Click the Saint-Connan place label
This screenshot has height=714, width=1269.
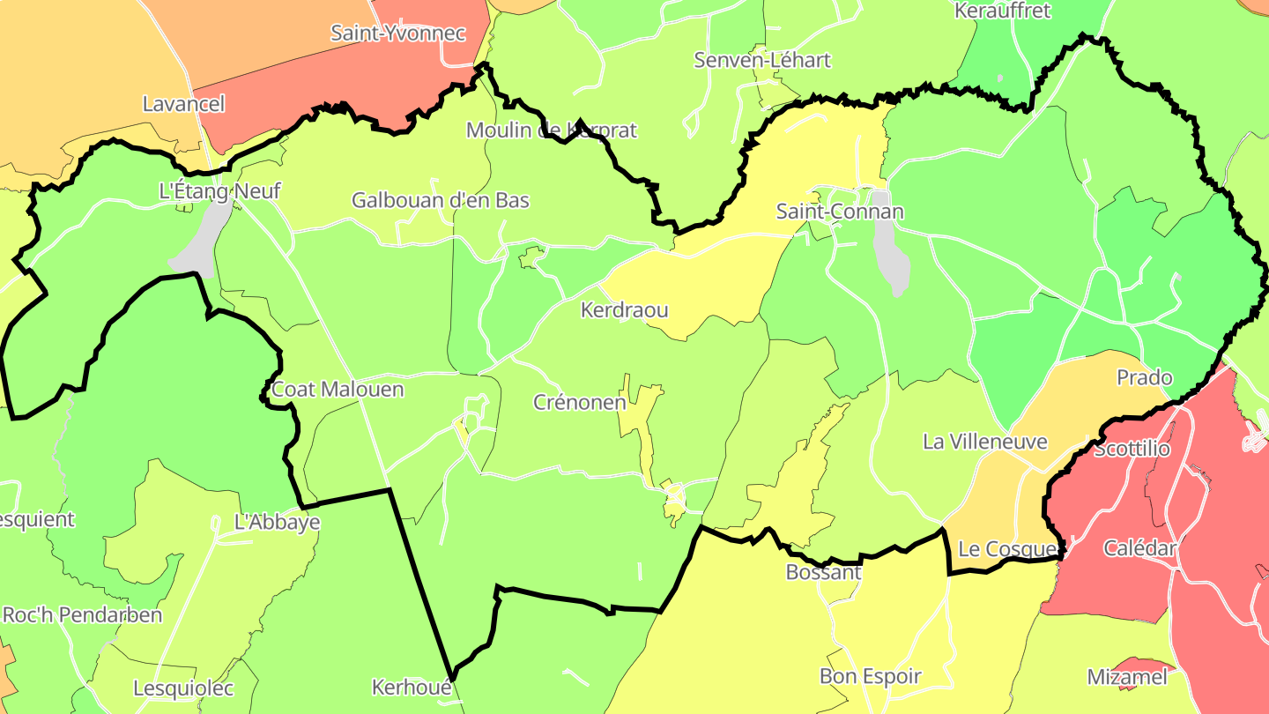coord(840,212)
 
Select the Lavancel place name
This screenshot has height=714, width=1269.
coord(184,104)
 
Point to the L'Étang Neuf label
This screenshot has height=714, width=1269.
coord(219,190)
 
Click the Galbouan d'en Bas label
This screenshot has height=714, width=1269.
coord(441,200)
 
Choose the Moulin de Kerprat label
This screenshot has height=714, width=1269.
coord(551,130)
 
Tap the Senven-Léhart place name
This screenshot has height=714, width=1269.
coord(762,61)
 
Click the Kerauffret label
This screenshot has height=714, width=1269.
coord(1003,11)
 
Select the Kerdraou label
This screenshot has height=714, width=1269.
coord(624,310)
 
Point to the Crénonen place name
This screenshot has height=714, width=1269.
coord(580,403)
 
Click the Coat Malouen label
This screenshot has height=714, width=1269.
coord(338,390)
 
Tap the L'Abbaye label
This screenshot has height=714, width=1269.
coord(277,522)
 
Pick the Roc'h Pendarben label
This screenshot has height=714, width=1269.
coord(83,615)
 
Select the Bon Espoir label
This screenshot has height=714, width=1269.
coord(870,677)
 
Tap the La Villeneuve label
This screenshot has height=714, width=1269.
coord(984,442)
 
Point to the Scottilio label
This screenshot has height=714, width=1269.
coord(1132,450)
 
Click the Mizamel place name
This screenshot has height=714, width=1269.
coord(1127,677)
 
